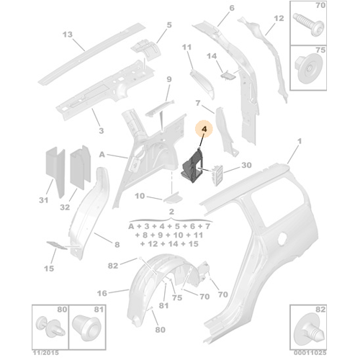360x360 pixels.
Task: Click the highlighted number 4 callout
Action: click(204, 132)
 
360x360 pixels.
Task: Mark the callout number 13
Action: click(68, 35)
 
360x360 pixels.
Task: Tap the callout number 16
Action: click(102, 293)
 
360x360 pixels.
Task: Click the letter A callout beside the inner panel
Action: click(103, 153)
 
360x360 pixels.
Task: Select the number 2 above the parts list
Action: click(172, 212)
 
